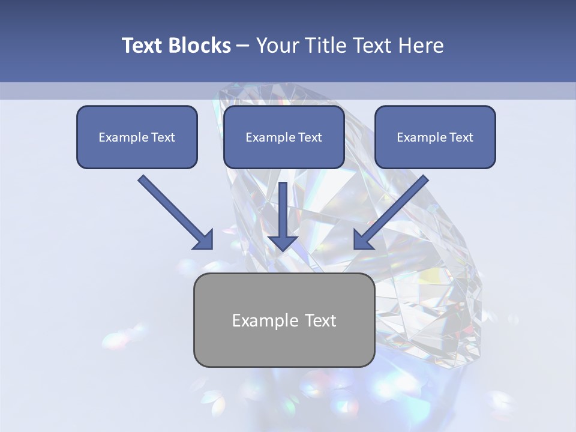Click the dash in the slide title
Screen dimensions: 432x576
click(x=243, y=46)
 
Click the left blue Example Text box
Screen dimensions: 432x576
click(x=137, y=137)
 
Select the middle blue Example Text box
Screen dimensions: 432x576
click(x=284, y=137)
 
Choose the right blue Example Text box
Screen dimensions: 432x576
click(x=435, y=137)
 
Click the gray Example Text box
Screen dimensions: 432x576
click(x=284, y=320)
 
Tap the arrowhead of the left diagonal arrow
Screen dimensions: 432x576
click(x=204, y=240)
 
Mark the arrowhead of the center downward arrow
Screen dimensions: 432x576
click(x=283, y=242)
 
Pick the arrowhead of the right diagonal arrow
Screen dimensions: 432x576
click(x=362, y=239)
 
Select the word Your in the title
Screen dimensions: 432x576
click(x=277, y=46)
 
